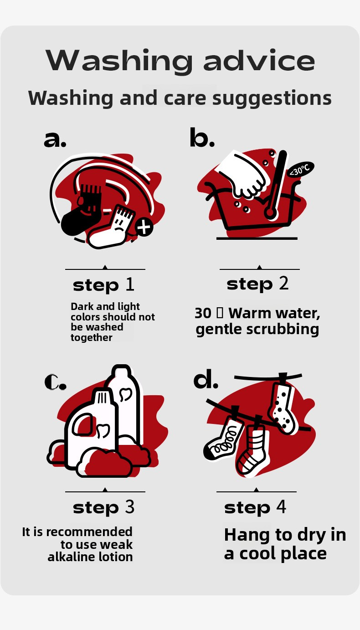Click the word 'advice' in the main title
[259, 60]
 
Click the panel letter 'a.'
[55, 139]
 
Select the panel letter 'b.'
[202, 137]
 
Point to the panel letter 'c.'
[56, 382]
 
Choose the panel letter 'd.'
[206, 379]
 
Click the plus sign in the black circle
[144, 227]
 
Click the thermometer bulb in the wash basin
[270, 213]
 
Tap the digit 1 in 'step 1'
[130, 284]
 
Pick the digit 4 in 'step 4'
[281, 506]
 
